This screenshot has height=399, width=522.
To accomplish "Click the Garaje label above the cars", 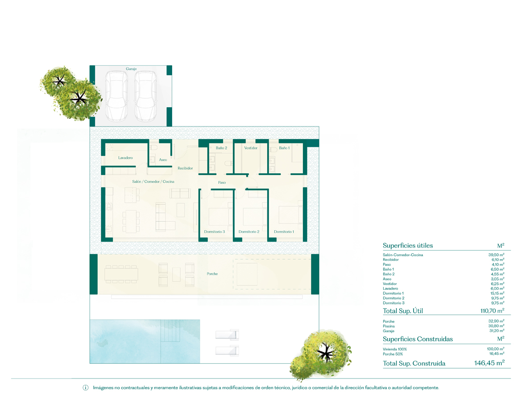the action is click(x=131, y=69).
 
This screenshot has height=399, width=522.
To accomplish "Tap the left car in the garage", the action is click(x=116, y=96).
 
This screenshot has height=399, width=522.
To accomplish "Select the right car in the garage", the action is click(x=145, y=96).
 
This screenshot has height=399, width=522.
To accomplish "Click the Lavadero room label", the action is click(x=125, y=158).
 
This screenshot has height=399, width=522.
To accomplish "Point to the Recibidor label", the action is click(x=185, y=168).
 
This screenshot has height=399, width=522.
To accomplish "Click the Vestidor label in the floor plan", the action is click(x=251, y=148).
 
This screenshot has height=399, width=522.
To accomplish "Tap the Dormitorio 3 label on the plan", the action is click(x=215, y=232).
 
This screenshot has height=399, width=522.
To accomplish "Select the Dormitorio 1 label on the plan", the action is click(x=284, y=232).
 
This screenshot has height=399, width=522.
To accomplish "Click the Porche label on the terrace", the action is click(x=212, y=274).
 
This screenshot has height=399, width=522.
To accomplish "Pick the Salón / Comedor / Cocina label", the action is click(x=153, y=181).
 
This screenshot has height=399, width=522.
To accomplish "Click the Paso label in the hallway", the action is click(x=222, y=183).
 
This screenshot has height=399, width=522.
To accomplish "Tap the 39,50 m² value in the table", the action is click(x=497, y=255).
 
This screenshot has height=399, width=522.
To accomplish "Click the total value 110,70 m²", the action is click(x=493, y=311).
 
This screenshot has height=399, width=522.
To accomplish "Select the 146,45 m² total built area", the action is click(x=489, y=363).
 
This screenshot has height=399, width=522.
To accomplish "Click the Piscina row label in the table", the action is click(x=389, y=326).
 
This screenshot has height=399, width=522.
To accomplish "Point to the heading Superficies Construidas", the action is click(x=418, y=339).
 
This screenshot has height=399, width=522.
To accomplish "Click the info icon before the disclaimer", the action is click(x=86, y=388).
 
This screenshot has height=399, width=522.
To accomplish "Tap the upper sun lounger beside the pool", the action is click(x=228, y=334).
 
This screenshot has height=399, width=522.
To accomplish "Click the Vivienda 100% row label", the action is click(x=395, y=349).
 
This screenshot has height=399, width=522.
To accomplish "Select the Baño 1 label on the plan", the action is click(x=284, y=148).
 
